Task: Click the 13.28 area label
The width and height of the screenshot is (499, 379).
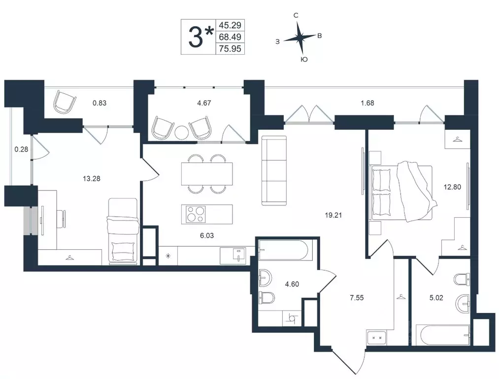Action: (91, 179)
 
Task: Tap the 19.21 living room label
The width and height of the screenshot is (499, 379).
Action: (333, 215)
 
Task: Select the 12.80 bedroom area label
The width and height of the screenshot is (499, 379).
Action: (452, 187)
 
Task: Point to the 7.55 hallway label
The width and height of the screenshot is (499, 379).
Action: (357, 298)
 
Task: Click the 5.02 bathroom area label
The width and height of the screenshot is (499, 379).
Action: (436, 298)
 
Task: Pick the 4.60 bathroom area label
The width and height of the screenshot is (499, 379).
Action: (292, 284)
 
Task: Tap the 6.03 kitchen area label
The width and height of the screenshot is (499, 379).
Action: (206, 235)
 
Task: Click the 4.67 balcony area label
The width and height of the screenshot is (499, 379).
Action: (204, 103)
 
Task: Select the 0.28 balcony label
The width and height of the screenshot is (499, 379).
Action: (21, 149)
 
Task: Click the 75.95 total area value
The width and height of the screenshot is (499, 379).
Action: (230, 49)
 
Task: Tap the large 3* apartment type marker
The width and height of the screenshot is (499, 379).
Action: (200, 37)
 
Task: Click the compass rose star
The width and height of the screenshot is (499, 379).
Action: (299, 38)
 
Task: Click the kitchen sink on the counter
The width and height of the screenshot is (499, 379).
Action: (237, 255)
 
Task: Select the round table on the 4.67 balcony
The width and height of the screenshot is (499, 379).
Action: (182, 132)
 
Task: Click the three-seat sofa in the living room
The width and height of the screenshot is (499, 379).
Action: (274, 171)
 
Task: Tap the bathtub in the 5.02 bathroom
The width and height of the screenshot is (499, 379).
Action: (445, 336)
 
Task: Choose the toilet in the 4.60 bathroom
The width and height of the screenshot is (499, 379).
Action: (267, 298)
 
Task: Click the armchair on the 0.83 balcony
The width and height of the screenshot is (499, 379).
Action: (65, 101)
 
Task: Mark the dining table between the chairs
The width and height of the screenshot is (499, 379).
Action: (207, 174)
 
